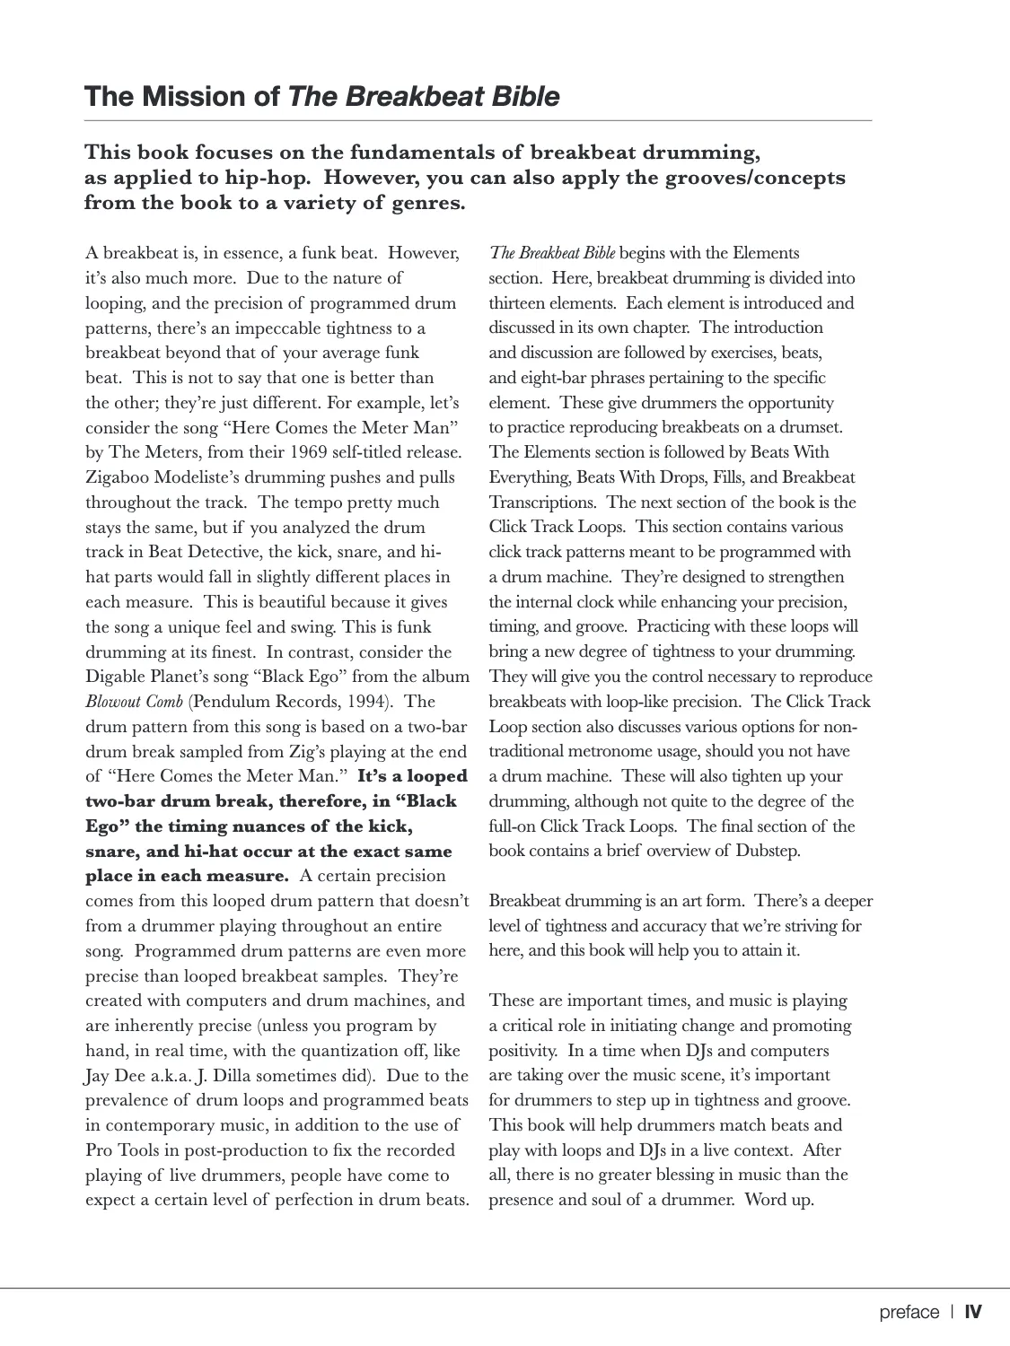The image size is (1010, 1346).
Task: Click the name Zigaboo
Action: (x=121, y=477)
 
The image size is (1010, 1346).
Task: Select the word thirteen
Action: (x=522, y=303)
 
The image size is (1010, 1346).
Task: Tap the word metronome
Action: (x=592, y=751)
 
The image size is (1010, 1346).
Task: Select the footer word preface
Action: (x=909, y=1313)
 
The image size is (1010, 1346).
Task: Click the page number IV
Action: (x=973, y=1313)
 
